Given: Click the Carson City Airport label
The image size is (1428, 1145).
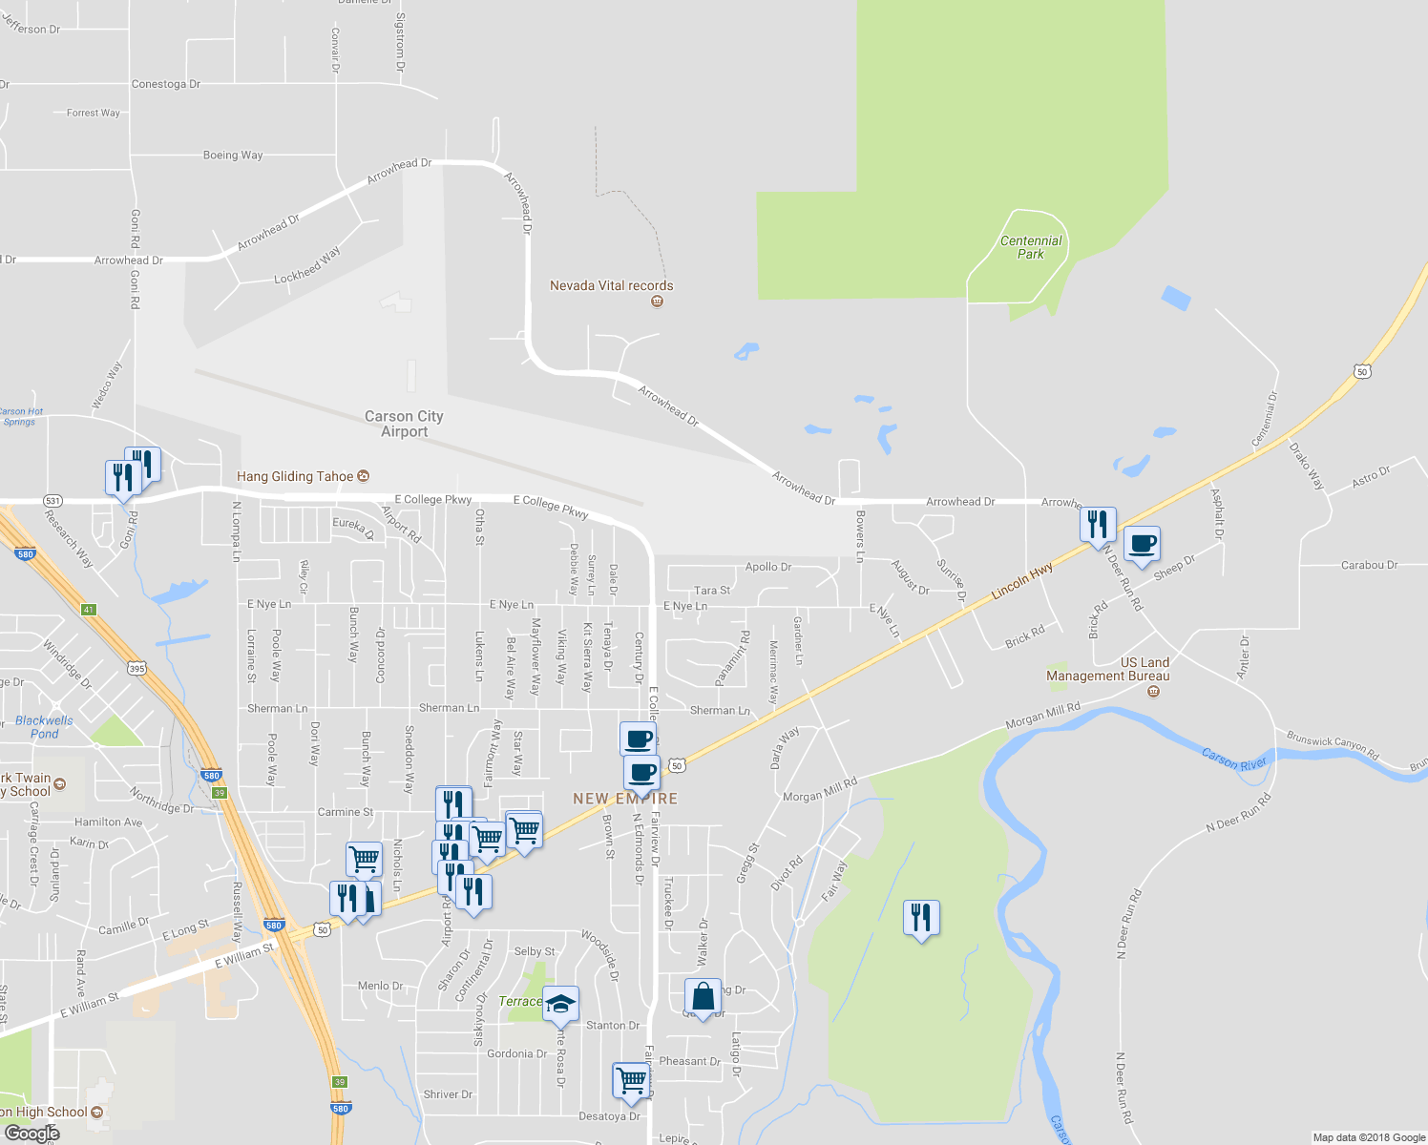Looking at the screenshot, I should click(x=404, y=424).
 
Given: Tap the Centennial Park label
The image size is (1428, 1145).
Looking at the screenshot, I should click(x=1031, y=247).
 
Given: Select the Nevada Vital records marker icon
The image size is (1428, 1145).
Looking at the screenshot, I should click(x=657, y=302).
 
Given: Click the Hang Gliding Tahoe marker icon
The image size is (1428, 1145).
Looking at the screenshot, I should click(x=363, y=476).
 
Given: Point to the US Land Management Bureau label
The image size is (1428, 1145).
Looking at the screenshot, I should click(x=1107, y=669).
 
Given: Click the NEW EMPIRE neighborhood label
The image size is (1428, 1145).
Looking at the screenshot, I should click(x=625, y=799).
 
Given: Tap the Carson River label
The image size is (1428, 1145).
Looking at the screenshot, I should click(x=1234, y=760).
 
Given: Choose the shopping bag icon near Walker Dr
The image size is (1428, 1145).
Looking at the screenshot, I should click(x=703, y=997).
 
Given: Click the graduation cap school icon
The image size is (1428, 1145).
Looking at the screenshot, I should click(x=560, y=1004).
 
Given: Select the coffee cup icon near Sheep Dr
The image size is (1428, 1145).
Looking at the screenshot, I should click(x=1142, y=545).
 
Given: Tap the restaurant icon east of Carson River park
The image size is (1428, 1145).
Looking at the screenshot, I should click(x=921, y=918).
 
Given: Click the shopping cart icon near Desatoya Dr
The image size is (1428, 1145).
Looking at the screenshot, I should click(x=631, y=1081).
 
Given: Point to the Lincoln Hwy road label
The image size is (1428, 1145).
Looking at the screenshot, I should click(x=1021, y=580).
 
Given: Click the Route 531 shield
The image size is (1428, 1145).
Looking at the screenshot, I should click(x=52, y=501).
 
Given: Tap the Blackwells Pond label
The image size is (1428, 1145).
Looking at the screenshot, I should click(x=44, y=727).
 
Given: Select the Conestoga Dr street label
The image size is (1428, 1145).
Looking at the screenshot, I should click(x=165, y=84).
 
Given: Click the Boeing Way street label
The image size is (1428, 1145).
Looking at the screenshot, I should click(x=233, y=155).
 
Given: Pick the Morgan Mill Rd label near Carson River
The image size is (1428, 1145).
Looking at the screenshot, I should click(x=1042, y=716).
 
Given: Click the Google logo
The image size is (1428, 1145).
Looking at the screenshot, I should click(x=31, y=1133).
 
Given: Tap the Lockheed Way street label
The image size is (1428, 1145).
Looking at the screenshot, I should click(x=306, y=265).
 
